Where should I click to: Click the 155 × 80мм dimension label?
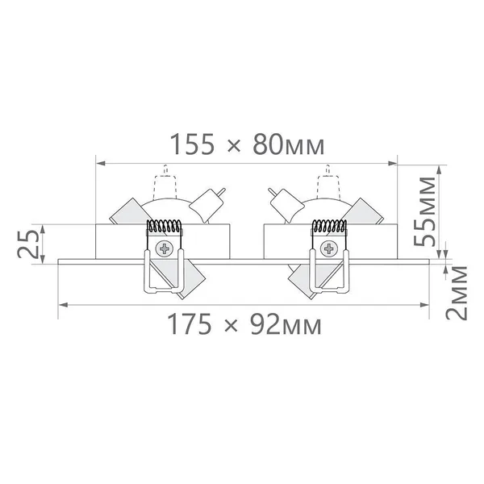pyautogui.click(x=247, y=144)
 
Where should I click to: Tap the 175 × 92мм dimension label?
pyautogui.click(x=244, y=323)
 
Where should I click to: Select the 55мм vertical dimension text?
pyautogui.click(x=424, y=211)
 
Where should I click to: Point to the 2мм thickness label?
pyautogui.click(x=456, y=293)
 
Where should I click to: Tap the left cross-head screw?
pyautogui.click(x=165, y=248)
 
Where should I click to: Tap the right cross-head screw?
pyautogui.click(x=329, y=248)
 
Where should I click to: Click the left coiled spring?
pyautogui.click(x=164, y=226)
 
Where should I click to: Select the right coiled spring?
pyautogui.click(x=329, y=226)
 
